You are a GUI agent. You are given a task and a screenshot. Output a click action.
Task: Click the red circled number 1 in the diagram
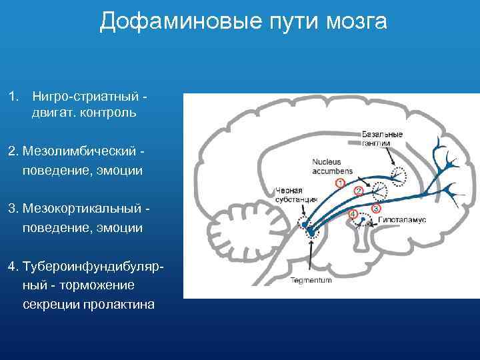click(x=340, y=182)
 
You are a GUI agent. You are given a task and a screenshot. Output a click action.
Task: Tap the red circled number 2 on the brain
click(x=358, y=191)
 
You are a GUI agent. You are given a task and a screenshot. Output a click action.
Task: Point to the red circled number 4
click(x=353, y=214)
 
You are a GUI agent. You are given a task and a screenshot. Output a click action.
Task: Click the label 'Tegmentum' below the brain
click(x=311, y=281)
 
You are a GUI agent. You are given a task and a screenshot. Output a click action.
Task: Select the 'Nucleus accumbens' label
click(x=332, y=166)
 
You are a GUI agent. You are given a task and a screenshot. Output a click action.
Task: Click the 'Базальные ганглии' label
click(x=383, y=138)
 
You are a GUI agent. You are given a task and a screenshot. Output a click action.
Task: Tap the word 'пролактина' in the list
click(x=117, y=305)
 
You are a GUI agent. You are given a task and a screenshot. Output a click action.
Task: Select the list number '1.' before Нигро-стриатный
click(x=13, y=97)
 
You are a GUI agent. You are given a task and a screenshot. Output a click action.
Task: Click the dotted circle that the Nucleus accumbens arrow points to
click(x=379, y=191)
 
